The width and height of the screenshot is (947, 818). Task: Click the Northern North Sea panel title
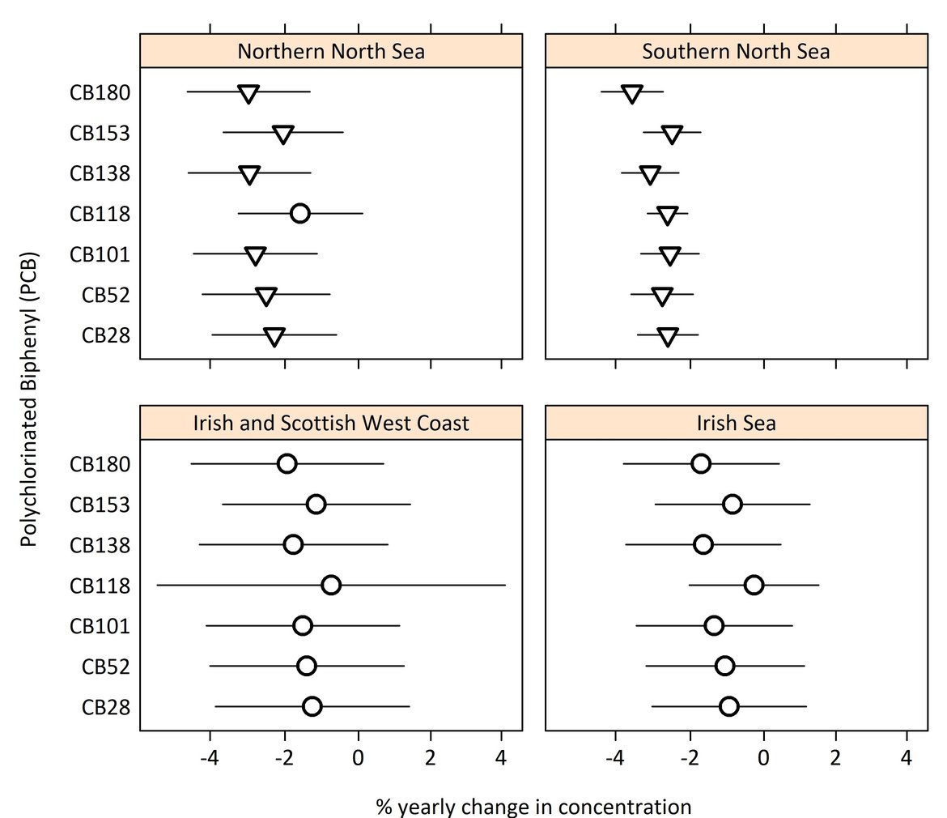tap(331, 51)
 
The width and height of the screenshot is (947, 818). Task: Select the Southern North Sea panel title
tap(736, 51)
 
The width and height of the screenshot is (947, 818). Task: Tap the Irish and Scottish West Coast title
tap(331, 423)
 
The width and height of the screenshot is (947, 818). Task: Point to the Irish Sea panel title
tap(736, 423)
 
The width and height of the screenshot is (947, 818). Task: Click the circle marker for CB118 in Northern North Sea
tap(299, 214)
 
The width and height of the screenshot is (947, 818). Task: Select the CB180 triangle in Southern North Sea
tap(632, 93)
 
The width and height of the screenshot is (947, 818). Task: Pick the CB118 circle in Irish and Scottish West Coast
tap(330, 585)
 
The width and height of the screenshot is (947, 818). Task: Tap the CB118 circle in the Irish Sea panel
tap(754, 585)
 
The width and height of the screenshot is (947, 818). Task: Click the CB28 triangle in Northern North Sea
tap(274, 337)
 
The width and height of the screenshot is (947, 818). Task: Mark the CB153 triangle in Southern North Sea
tap(672, 134)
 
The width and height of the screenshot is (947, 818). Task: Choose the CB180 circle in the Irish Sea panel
tap(701, 463)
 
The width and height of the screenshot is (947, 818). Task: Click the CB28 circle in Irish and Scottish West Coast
tap(312, 706)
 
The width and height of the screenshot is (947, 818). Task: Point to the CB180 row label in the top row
tap(100, 92)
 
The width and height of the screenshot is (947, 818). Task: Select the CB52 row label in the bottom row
tap(106, 667)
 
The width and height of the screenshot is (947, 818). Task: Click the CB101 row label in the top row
tap(100, 254)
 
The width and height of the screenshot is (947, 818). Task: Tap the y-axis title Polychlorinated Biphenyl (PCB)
tap(30, 397)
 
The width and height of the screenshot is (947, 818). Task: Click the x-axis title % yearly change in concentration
tap(533, 807)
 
